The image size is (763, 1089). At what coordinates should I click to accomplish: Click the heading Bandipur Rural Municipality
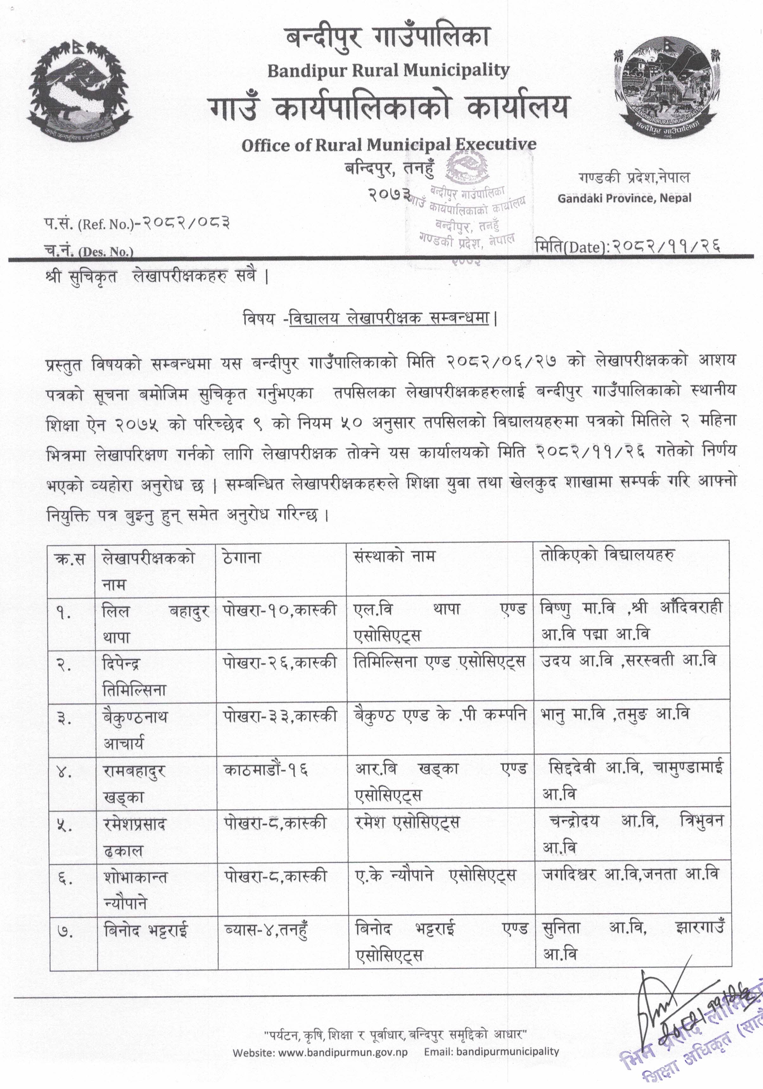click(388, 71)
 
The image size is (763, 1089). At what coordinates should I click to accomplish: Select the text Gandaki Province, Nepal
click(624, 198)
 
